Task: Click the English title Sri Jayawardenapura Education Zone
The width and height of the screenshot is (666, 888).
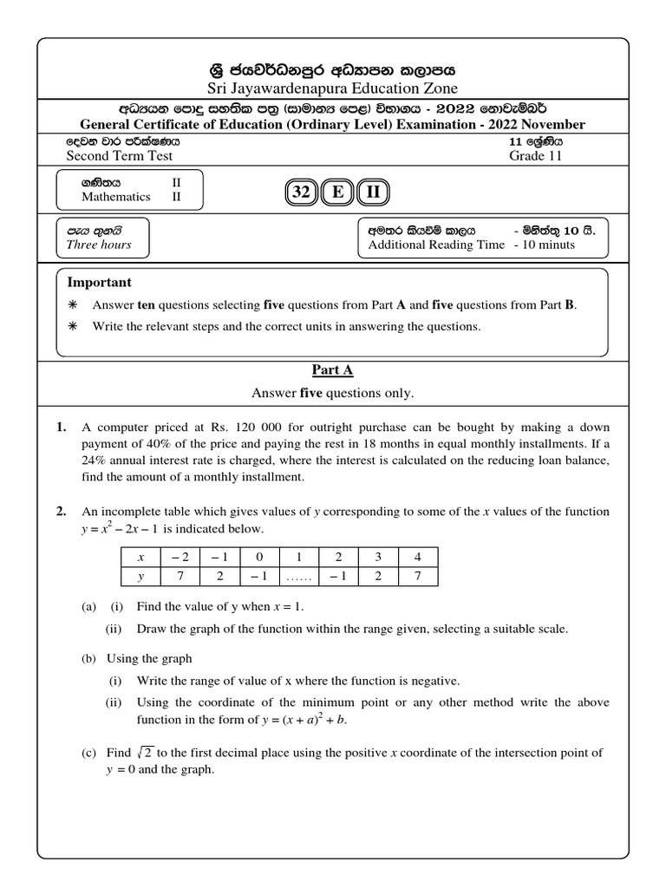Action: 332,88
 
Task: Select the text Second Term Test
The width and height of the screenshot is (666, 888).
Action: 120,156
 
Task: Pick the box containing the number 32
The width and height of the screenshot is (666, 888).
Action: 301,193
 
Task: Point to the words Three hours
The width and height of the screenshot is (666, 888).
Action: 99,245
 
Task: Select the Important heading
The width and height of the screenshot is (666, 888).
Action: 100,283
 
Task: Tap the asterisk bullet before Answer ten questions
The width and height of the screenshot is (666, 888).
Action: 73,305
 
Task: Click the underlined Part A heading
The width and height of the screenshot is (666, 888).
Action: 332,370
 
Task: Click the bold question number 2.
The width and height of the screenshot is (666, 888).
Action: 62,512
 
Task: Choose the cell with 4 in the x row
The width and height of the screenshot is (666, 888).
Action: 417,558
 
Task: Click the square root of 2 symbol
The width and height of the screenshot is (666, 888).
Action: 133,753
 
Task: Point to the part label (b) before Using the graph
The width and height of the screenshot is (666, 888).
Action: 88,658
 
